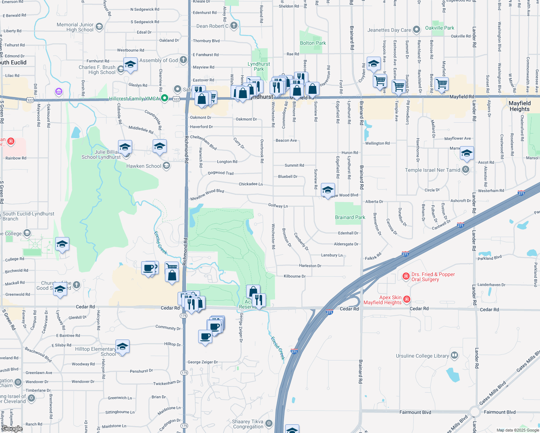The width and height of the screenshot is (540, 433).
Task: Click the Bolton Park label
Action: (313, 43)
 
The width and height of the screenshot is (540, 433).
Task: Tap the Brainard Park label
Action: (350, 217)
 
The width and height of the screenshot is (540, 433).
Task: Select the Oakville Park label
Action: (439, 28)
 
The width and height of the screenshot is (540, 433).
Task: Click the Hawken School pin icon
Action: (166, 166)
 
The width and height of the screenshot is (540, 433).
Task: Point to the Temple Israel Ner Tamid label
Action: (432, 170)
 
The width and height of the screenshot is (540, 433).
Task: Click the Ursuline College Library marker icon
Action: (454, 355)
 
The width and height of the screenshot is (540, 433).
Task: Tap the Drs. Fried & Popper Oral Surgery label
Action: (433, 277)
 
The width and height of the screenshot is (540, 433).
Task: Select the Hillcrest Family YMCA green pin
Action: (165, 98)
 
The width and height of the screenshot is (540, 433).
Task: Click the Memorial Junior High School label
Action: (75, 27)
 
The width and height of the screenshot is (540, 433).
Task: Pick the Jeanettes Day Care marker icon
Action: (417, 30)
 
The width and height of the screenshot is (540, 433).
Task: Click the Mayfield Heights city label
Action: (519, 106)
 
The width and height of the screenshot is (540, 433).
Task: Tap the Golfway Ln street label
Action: (278, 206)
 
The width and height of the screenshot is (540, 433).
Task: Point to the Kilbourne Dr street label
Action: (295, 276)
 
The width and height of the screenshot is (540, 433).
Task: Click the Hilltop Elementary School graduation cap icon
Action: (122, 346)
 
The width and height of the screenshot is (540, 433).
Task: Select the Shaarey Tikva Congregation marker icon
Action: (269, 423)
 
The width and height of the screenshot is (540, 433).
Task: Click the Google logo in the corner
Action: (12, 429)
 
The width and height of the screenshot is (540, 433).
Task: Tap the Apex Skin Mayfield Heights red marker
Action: (407, 299)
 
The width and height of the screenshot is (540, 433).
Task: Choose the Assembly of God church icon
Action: (183, 60)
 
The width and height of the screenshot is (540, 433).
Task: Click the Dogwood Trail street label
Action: (221, 173)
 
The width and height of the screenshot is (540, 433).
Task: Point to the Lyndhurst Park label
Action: (258, 66)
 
